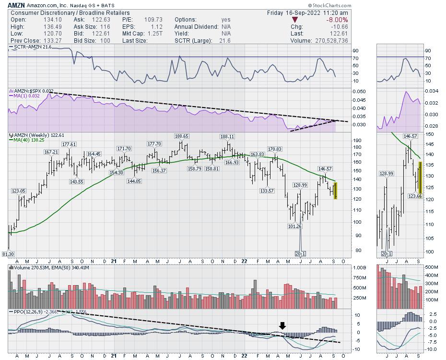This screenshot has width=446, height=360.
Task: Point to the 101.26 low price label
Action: click(x=295, y=227)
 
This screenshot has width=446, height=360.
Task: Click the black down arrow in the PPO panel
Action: click(x=282, y=325)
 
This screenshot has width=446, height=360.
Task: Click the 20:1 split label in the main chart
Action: click(x=301, y=253)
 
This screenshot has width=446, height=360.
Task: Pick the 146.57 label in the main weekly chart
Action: click(x=325, y=169)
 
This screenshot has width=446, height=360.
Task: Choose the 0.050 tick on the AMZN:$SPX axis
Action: click(x=345, y=91)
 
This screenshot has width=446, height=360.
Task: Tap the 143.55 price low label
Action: click(x=77, y=181)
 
